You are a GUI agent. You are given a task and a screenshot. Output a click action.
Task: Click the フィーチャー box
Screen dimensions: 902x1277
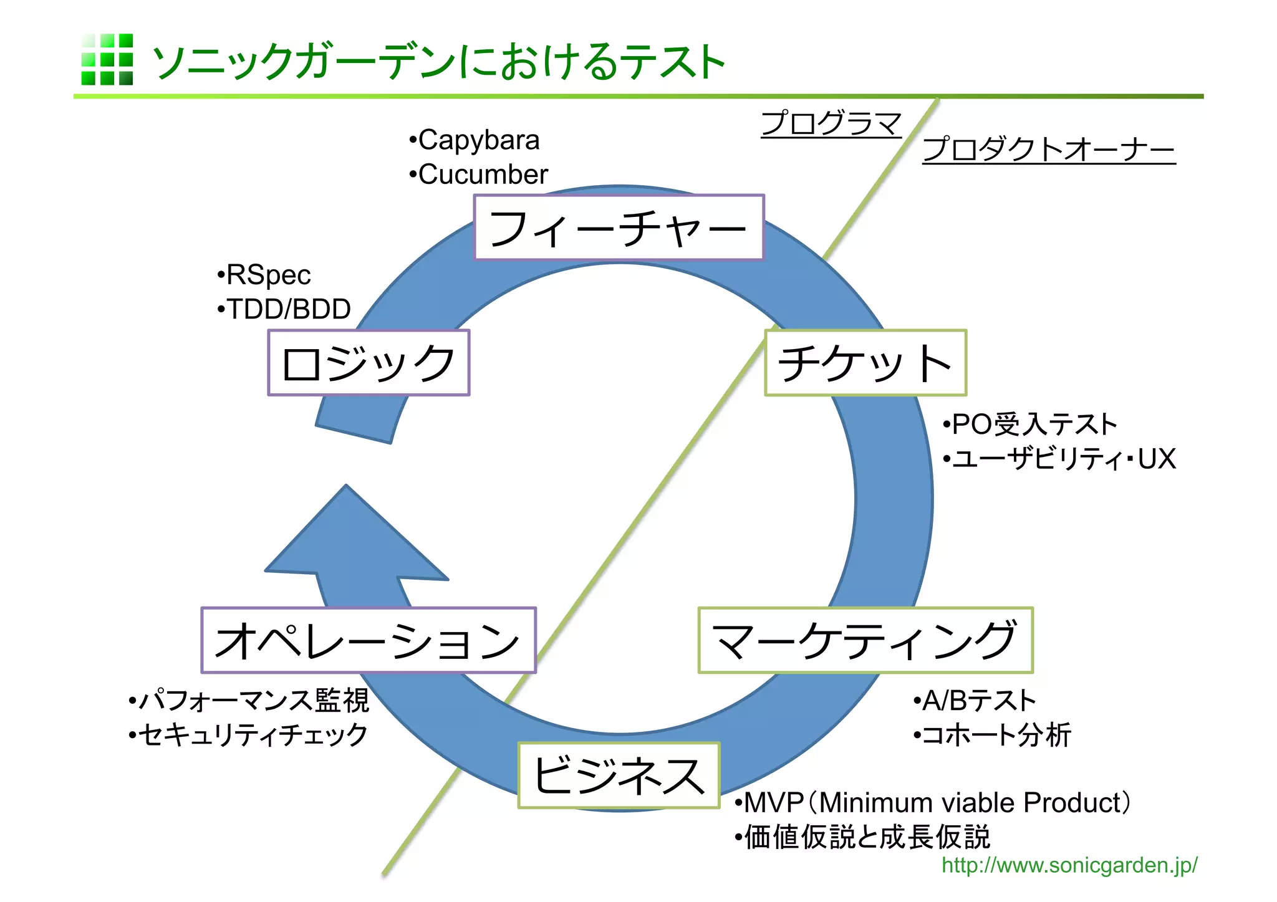click(619, 228)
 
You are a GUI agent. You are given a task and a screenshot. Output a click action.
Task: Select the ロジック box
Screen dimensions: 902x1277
click(369, 363)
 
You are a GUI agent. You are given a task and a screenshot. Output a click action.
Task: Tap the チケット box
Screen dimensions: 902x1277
click(865, 363)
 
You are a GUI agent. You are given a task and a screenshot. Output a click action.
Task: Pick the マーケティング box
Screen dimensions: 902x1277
click(865, 640)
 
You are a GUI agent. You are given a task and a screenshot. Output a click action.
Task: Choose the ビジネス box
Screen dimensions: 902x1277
click(619, 775)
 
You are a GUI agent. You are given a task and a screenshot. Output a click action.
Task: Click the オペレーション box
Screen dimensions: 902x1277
click(369, 640)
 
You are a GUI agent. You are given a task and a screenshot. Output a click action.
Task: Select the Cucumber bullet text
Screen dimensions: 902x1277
click(483, 175)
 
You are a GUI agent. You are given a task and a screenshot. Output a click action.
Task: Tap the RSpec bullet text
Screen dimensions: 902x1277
click(268, 275)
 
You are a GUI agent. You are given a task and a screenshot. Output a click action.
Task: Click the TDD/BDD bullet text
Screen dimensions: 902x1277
click(288, 309)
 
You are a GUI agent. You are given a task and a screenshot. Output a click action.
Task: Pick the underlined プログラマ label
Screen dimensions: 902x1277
click(831, 123)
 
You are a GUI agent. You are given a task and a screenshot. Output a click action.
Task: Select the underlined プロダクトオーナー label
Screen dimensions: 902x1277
click(1048, 150)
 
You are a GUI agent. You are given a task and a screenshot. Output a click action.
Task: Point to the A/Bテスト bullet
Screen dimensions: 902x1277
click(978, 701)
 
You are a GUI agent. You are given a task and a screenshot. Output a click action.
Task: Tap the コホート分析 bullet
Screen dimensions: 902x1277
click(996, 735)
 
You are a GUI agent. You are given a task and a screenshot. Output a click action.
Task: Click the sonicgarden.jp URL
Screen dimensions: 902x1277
click(1069, 865)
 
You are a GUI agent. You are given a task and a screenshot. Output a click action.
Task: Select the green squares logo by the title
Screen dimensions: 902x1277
click(107, 59)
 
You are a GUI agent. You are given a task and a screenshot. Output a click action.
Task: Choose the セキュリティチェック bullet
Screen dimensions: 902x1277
click(253, 735)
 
